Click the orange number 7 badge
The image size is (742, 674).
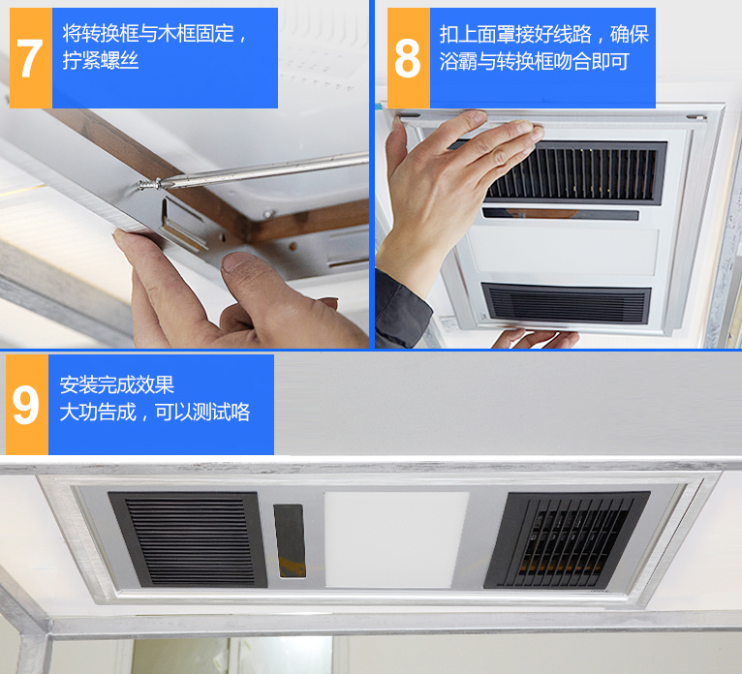31,58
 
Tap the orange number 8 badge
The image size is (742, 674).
409,58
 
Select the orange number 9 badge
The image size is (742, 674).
27,405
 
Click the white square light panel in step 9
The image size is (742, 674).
396,539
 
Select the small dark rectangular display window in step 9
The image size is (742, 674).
289,540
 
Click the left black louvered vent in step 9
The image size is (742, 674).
188,539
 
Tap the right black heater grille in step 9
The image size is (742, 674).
567,539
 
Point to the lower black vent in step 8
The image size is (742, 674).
566,303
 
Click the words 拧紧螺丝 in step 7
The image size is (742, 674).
101,61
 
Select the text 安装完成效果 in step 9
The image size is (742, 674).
117,385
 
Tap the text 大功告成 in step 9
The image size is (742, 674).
98,412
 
